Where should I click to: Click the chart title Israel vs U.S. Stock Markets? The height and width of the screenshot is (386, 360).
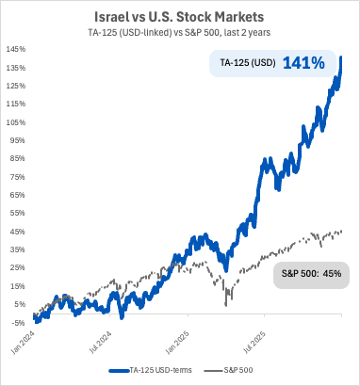[x=179, y=17]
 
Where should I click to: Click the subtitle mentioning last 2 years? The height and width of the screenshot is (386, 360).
[x=179, y=34]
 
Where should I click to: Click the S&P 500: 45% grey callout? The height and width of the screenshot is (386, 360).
[x=311, y=275]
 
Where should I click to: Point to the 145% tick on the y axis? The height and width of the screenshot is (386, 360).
[x=15, y=48]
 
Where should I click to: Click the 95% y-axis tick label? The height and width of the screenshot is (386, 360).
[x=17, y=139]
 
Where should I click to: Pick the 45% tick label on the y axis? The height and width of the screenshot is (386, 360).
[x=17, y=231]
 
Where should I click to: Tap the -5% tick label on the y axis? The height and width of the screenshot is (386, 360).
[x=17, y=322]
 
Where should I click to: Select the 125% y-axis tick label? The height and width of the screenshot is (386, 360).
[x=15, y=85]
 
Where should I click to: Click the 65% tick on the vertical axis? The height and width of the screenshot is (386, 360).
[x=17, y=194]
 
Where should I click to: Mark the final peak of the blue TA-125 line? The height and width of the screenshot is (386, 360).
[x=340, y=56]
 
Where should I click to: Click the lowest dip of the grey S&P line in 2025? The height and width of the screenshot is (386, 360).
[x=226, y=304]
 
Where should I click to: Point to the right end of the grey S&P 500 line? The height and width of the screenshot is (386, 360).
[x=341, y=231]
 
